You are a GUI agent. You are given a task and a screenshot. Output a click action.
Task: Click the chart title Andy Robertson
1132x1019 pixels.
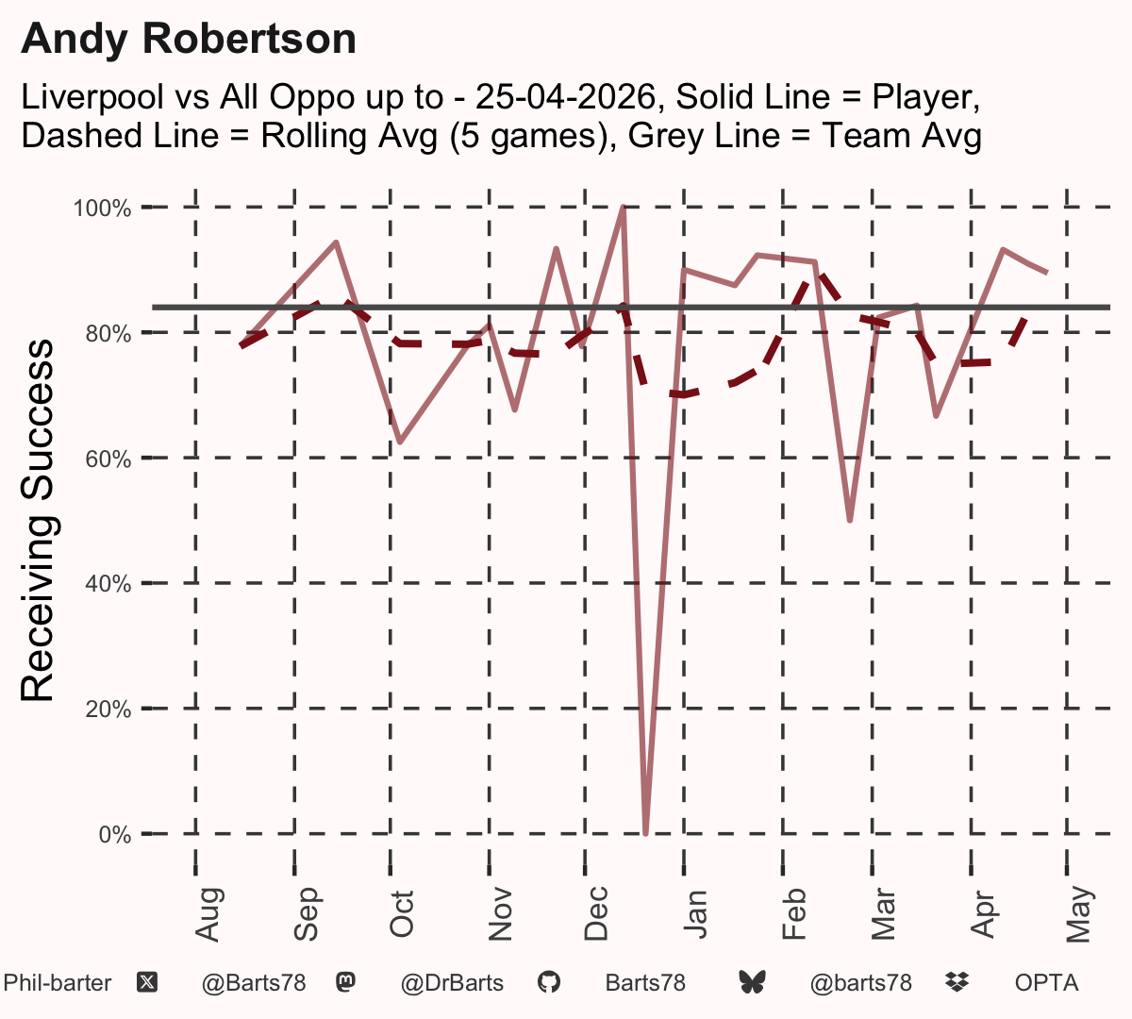point(189,40)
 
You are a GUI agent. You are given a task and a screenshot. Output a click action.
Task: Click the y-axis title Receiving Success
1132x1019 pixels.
point(37,521)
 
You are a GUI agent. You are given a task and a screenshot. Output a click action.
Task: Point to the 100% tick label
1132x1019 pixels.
point(102,209)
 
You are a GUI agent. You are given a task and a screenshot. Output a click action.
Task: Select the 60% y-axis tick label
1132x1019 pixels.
point(108,459)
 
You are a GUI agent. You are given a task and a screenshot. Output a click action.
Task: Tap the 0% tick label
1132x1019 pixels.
point(115,834)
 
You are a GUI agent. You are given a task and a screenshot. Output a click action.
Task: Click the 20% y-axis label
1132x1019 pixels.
point(108,710)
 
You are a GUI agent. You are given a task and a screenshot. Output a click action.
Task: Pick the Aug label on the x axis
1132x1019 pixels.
point(208,914)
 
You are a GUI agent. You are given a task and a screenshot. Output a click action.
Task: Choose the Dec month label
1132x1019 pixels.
point(596,913)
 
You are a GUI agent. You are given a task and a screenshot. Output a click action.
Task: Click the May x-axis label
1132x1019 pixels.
point(1079,913)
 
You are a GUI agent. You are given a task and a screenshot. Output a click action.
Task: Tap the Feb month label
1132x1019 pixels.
point(794,913)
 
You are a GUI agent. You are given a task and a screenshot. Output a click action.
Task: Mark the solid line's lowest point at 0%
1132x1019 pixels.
point(645,833)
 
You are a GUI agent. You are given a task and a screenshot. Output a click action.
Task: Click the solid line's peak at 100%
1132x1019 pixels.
point(623,208)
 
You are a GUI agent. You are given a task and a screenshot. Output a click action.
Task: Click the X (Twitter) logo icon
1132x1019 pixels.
point(147,983)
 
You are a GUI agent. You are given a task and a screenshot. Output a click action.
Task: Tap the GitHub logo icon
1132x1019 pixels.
point(549,983)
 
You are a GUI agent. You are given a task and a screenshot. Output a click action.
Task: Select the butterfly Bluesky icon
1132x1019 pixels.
point(752,982)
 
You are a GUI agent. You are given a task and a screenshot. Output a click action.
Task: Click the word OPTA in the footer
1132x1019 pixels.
point(1047,983)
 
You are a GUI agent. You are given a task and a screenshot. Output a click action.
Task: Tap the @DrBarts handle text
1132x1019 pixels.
point(452,983)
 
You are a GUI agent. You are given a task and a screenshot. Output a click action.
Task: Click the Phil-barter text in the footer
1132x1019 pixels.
point(58,983)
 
